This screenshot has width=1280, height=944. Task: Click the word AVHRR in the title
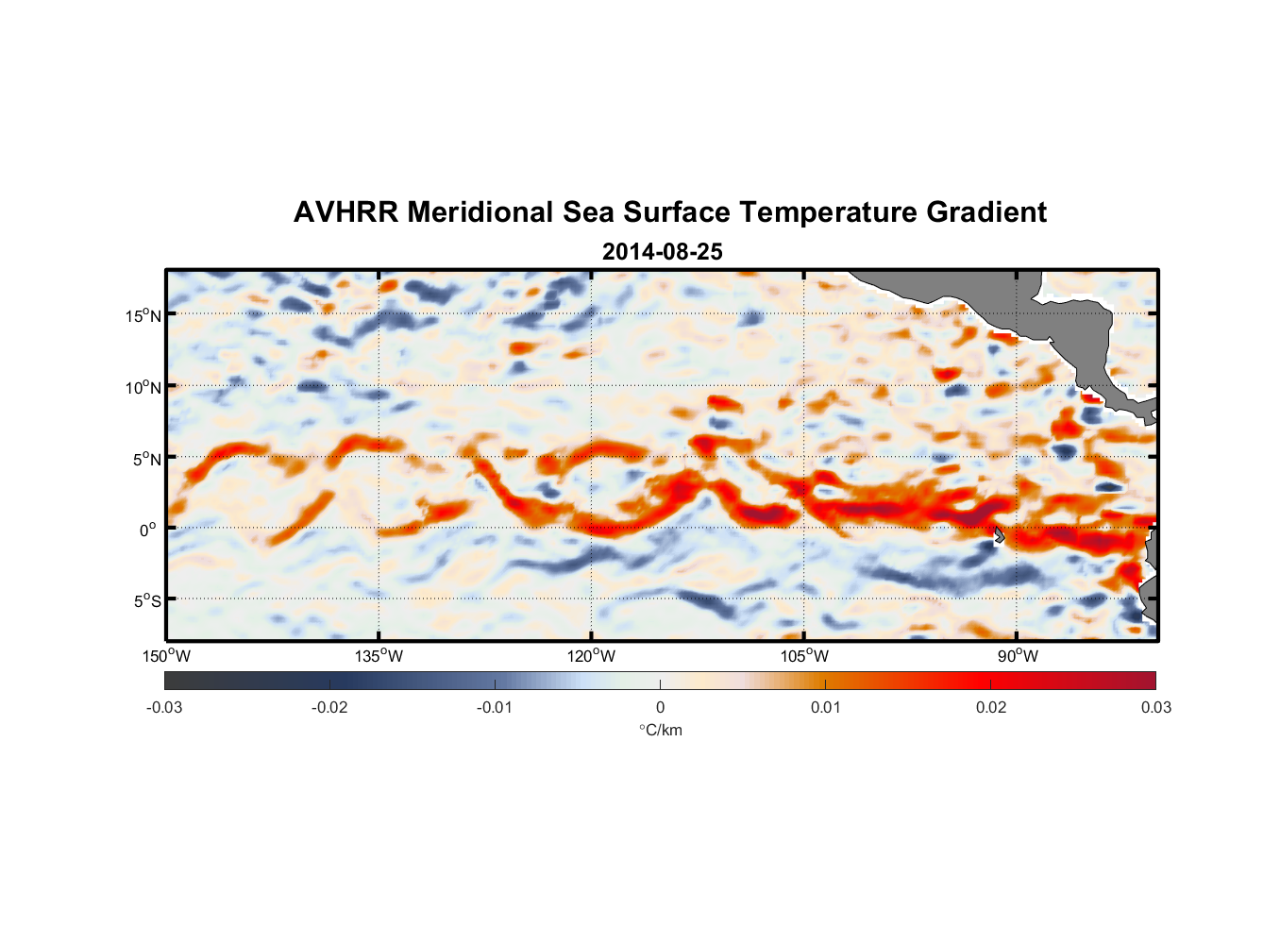tap(345, 212)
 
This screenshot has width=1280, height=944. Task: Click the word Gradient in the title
tap(986, 212)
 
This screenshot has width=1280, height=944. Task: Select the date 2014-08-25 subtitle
tap(663, 252)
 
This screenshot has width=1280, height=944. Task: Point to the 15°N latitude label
tap(143, 315)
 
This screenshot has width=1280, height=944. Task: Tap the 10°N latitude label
tap(143, 387)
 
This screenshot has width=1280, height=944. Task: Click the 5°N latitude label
tap(146, 459)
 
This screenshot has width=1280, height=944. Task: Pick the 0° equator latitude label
tap(148, 530)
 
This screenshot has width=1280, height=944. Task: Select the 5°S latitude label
tap(146, 601)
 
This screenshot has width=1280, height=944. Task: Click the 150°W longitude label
tap(166, 656)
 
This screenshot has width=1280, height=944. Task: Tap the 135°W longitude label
tap(379, 656)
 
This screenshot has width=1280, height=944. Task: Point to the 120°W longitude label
tap(591, 656)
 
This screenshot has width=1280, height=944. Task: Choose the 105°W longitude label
tap(804, 656)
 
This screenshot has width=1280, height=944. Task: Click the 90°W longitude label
tap(1018, 656)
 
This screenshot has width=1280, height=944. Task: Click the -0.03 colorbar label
tap(164, 707)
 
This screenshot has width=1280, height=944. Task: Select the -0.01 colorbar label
tap(495, 707)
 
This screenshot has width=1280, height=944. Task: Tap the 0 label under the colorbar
tap(660, 707)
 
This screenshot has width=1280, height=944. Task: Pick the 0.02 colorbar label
tap(991, 707)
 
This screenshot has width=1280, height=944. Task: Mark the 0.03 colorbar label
tap(1155, 707)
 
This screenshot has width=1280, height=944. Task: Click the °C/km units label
tap(661, 730)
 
